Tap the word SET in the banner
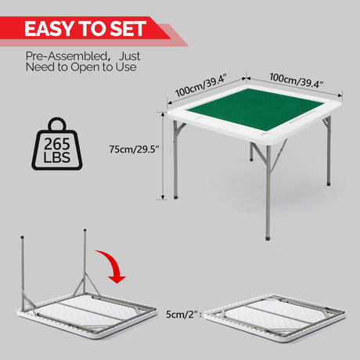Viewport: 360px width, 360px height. pos(128,29)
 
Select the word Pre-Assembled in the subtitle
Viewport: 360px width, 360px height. pos(67,56)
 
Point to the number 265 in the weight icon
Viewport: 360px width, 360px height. pos(57,144)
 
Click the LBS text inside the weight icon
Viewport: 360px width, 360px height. pos(57,157)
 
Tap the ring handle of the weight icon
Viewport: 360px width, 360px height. pos(57,124)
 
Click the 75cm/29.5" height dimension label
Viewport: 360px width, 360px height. pos(134,149)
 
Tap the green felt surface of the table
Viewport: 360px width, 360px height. pos(255,109)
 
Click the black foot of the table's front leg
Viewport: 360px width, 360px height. pos(268,238)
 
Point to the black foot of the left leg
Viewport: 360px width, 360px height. pos(176,197)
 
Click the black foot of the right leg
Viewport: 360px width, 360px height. pos(329,184)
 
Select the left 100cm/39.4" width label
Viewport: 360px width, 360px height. pos(200,85)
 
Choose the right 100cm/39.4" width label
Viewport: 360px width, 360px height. pos(297,81)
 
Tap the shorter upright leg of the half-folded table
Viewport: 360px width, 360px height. pos(23,272)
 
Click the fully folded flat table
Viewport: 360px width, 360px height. pos(275,318)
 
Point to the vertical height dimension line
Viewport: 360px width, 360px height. pos(163,156)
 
